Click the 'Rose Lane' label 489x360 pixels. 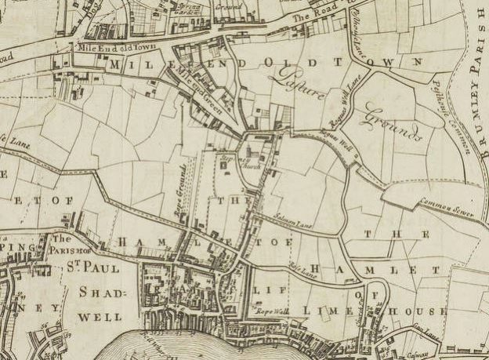302,271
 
